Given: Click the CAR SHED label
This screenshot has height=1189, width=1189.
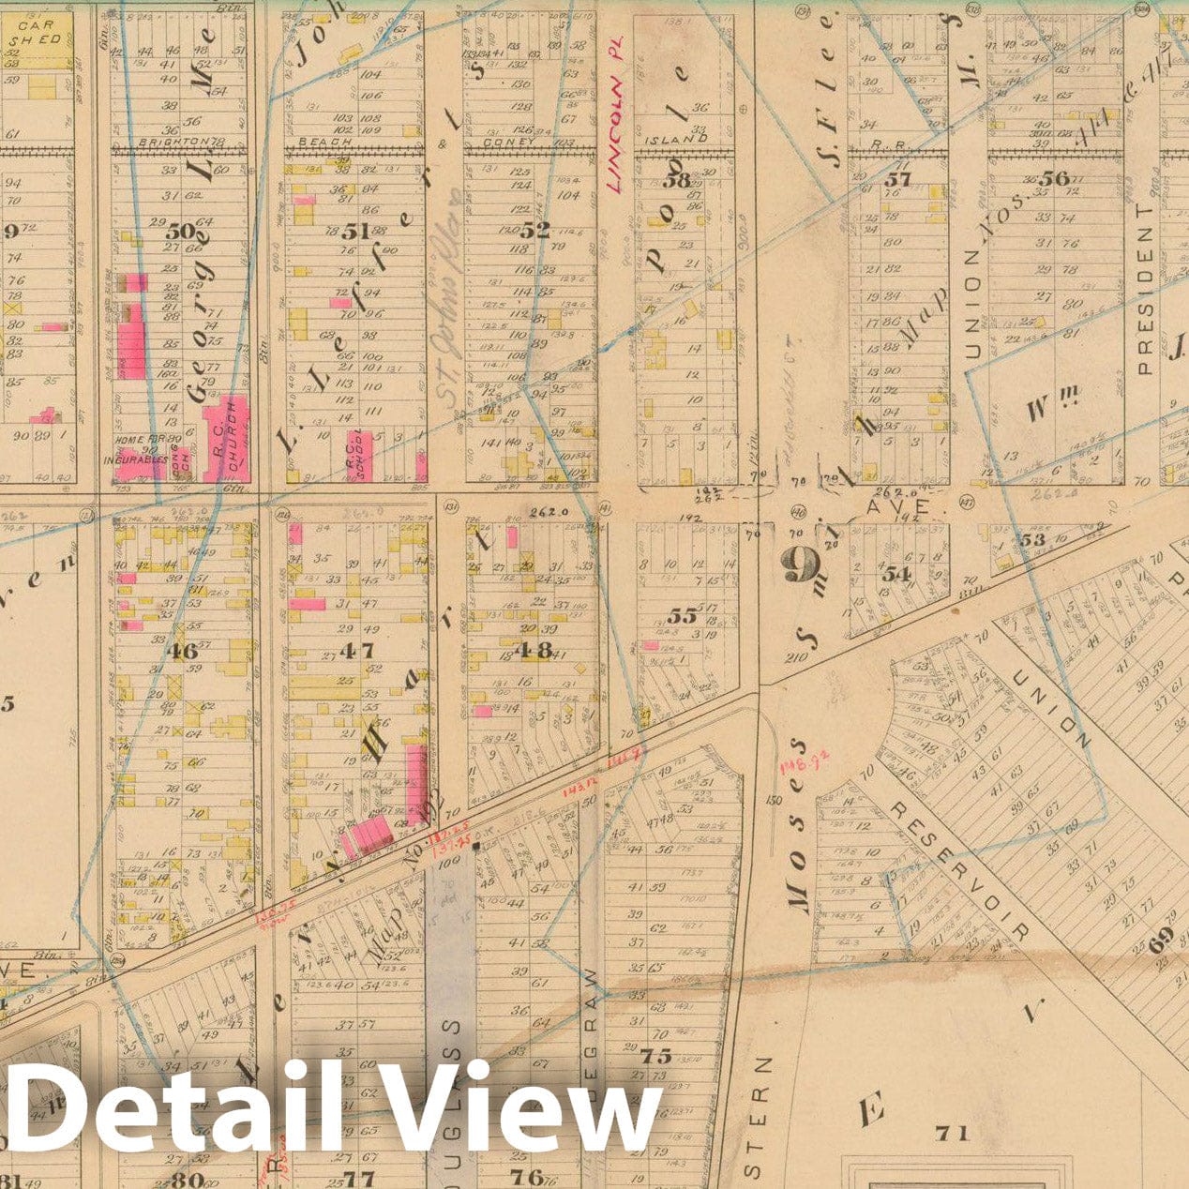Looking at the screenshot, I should tap(37, 33).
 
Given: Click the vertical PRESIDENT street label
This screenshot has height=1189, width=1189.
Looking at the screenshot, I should tap(1144, 291).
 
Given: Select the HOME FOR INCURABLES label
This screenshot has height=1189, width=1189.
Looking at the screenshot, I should tap(141, 452).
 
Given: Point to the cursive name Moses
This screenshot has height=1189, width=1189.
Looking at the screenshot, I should tap(798, 857).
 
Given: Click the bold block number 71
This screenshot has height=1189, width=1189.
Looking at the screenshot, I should tap(952, 1133).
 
